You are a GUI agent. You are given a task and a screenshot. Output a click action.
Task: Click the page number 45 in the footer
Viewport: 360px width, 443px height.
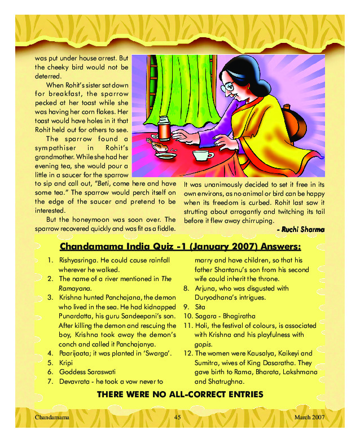click(x=177, y=416)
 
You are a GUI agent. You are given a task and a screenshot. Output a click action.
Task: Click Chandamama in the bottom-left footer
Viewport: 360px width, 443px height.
click(x=51, y=416)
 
